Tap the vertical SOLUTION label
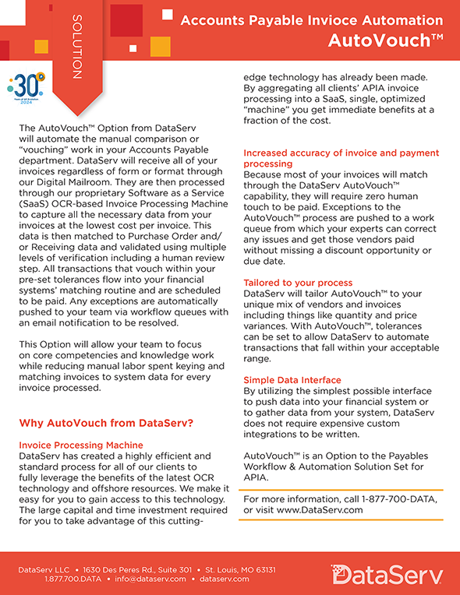pos(76,46)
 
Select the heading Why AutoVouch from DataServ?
pos(106,424)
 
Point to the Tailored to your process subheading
pos(298,282)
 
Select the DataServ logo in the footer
pos(386,575)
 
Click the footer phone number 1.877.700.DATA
pos(73,579)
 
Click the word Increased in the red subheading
pos(267,153)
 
